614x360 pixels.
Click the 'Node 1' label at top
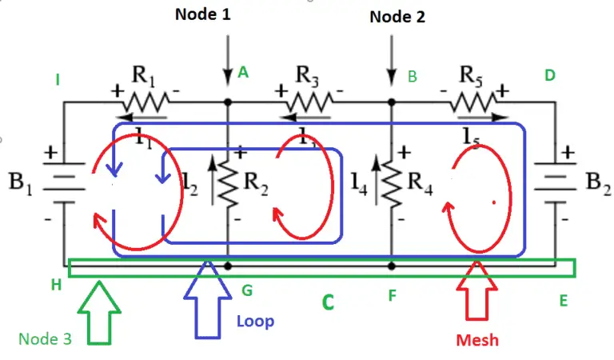202,14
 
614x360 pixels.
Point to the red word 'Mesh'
477,339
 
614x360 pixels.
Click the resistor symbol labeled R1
145,102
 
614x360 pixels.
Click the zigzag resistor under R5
472,102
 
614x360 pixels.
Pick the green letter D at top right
549,75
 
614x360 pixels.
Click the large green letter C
327,304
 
